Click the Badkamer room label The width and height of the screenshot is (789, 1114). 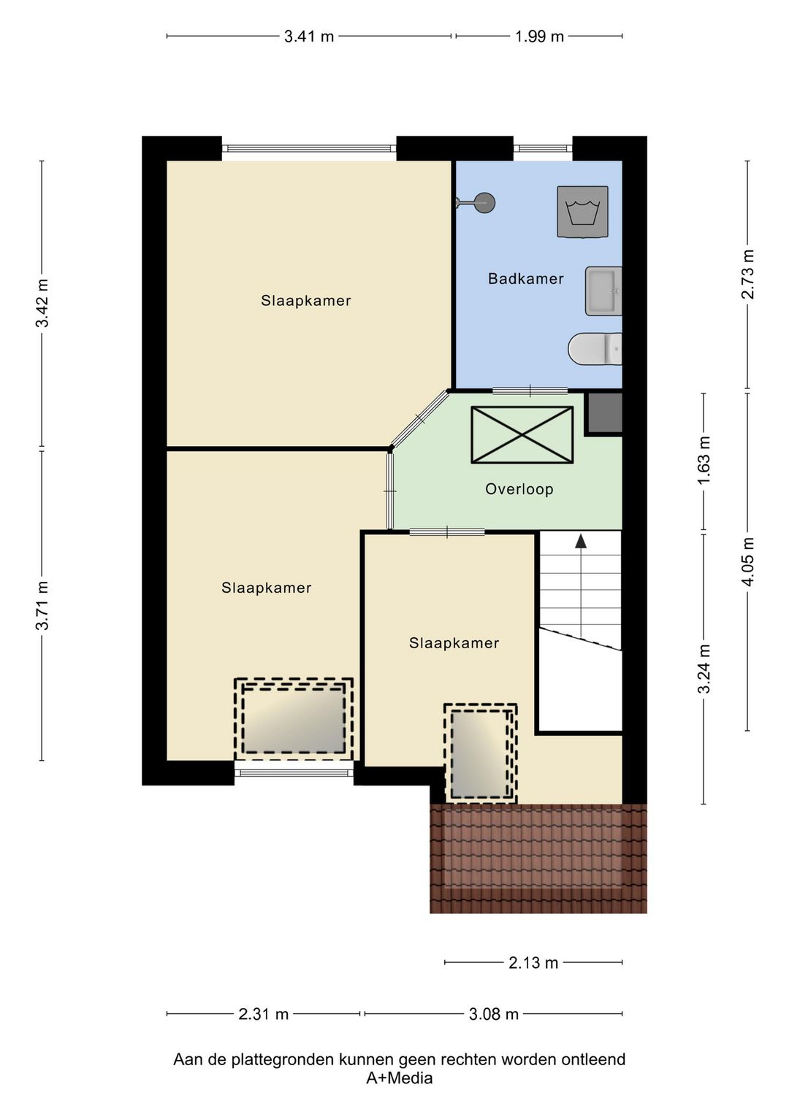click(526, 279)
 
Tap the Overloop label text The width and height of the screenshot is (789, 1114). click(519, 489)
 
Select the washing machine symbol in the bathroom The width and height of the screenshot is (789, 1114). click(582, 212)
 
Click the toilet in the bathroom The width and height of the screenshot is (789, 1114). click(595, 348)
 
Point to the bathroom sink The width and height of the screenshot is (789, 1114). click(603, 291)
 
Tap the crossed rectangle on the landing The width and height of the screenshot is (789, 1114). click(522, 435)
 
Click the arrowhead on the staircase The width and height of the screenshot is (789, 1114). click(580, 541)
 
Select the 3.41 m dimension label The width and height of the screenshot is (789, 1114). click(308, 37)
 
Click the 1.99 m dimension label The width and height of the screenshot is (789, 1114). click(539, 37)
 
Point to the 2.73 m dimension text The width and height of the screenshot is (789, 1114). click(747, 274)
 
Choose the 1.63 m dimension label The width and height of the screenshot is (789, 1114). click(704, 461)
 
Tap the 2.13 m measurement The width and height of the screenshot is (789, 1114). click(533, 963)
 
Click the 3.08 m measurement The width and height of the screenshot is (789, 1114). click(493, 1014)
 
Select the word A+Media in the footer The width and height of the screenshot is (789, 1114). click(399, 1078)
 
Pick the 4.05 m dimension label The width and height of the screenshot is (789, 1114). click(747, 562)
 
